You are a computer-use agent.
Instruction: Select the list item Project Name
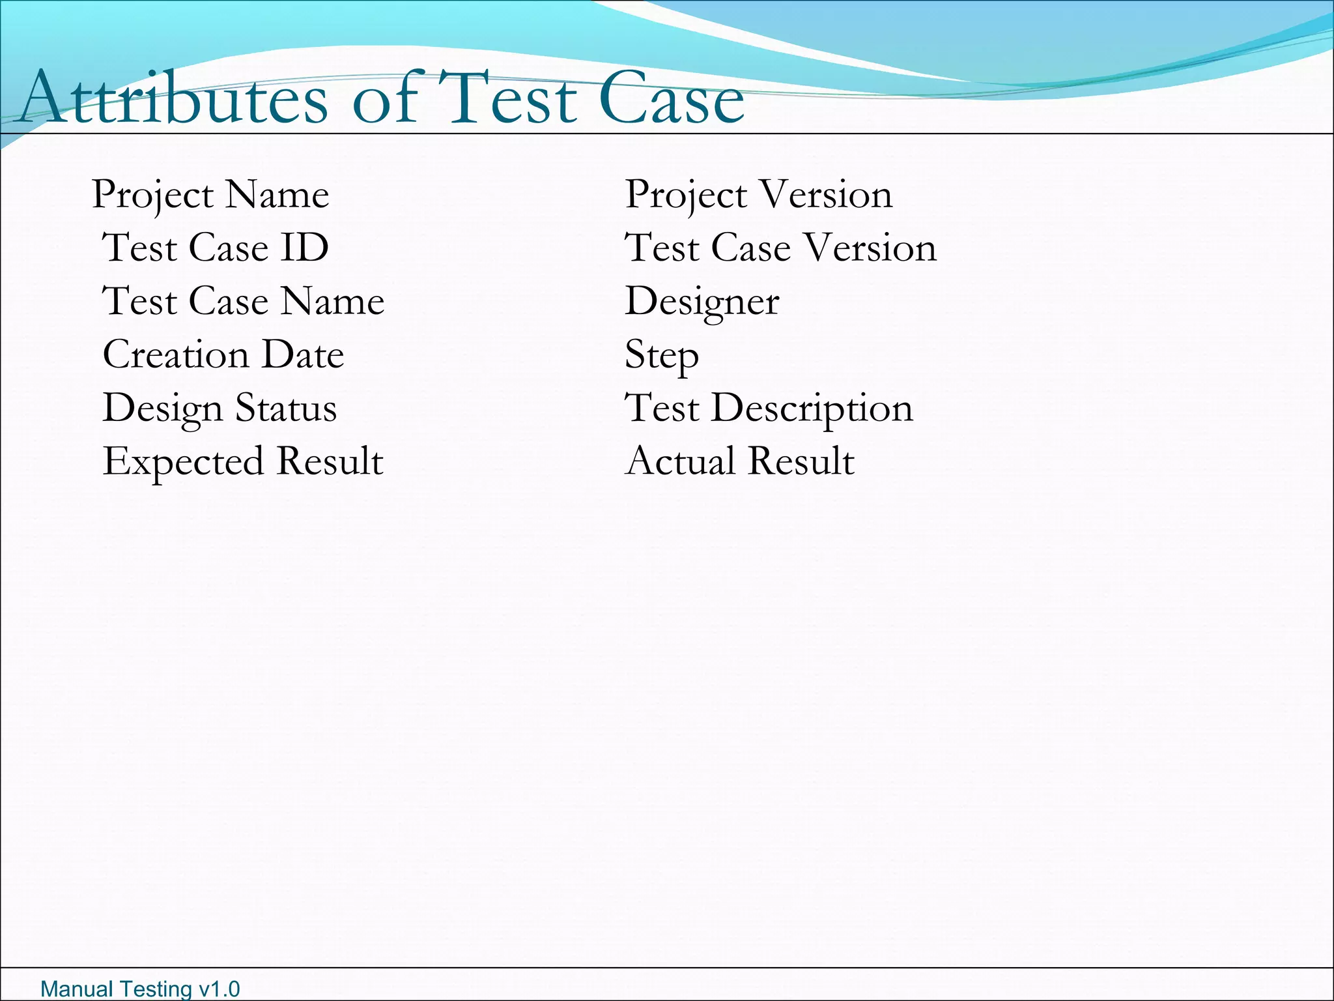tap(210, 194)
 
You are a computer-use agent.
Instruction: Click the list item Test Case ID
tap(216, 248)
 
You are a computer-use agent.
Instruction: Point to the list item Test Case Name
tap(244, 301)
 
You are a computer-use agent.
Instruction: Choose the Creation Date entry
tap(223, 355)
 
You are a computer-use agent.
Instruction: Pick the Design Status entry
tap(220, 408)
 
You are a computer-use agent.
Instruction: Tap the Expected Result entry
tap(243, 461)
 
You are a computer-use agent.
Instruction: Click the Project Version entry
tap(759, 194)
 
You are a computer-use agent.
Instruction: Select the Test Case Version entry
tap(781, 248)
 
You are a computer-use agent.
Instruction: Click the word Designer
tap(702, 302)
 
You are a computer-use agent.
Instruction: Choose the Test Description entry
tap(769, 409)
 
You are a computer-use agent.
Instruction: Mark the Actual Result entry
tap(740, 461)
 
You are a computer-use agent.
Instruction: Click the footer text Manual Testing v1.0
tap(140, 989)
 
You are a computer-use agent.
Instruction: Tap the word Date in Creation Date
tap(303, 355)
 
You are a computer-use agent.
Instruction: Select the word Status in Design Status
tap(286, 408)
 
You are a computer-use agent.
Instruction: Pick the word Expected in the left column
tap(183, 462)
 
